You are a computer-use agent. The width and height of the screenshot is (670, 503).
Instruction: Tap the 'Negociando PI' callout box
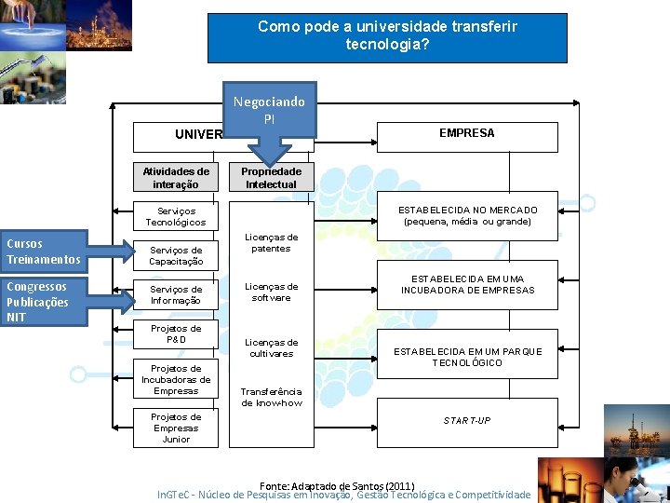coord(268,109)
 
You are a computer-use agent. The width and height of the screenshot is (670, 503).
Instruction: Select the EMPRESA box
coord(467,134)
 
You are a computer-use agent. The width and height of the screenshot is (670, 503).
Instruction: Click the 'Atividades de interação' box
coord(176,178)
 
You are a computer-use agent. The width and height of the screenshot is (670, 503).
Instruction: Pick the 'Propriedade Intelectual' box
coord(271,178)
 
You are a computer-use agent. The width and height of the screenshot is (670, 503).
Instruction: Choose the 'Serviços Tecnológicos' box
coord(176,217)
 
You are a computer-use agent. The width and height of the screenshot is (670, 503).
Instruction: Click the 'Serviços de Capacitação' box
coord(176,256)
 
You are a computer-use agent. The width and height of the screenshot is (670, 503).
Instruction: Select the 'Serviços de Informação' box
coord(176,295)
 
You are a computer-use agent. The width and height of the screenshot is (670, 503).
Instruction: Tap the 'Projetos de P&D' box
coord(176,334)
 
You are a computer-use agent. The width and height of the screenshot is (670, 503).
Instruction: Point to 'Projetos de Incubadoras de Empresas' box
coord(176,380)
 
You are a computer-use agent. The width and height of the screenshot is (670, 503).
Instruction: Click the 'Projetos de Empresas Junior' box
coord(176,428)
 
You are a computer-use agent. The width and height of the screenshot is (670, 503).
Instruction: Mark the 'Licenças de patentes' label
coord(271,243)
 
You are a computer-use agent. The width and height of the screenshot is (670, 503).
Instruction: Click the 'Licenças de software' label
coord(271,292)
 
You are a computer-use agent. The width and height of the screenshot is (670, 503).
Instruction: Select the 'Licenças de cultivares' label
coord(271,348)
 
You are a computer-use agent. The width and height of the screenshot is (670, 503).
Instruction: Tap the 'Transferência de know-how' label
coord(271,398)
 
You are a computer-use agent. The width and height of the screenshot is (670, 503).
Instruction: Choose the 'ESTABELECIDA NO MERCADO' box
coord(467,216)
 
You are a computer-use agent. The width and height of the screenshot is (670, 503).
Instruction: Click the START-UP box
coord(467,421)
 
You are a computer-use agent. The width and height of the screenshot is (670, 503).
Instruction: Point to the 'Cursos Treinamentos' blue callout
coord(44,251)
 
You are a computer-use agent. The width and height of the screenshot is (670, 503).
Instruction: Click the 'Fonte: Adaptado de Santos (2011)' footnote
coord(337,486)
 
